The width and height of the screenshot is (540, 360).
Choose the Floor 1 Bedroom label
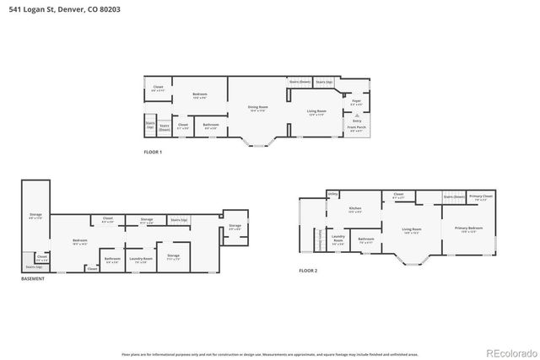click(199, 94)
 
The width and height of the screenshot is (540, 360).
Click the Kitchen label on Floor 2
click(355, 209)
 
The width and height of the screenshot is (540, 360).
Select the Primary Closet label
click(481, 196)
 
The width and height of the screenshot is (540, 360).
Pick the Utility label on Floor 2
click(332, 195)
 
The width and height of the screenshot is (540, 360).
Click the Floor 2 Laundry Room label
click(338, 238)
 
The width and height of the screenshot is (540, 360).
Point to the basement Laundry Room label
click(140, 259)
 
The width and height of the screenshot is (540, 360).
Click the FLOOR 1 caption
click(153, 152)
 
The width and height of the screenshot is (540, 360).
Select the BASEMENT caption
click(33, 278)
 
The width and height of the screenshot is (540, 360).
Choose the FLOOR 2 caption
click(308, 271)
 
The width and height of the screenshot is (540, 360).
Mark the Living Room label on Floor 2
click(411, 229)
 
